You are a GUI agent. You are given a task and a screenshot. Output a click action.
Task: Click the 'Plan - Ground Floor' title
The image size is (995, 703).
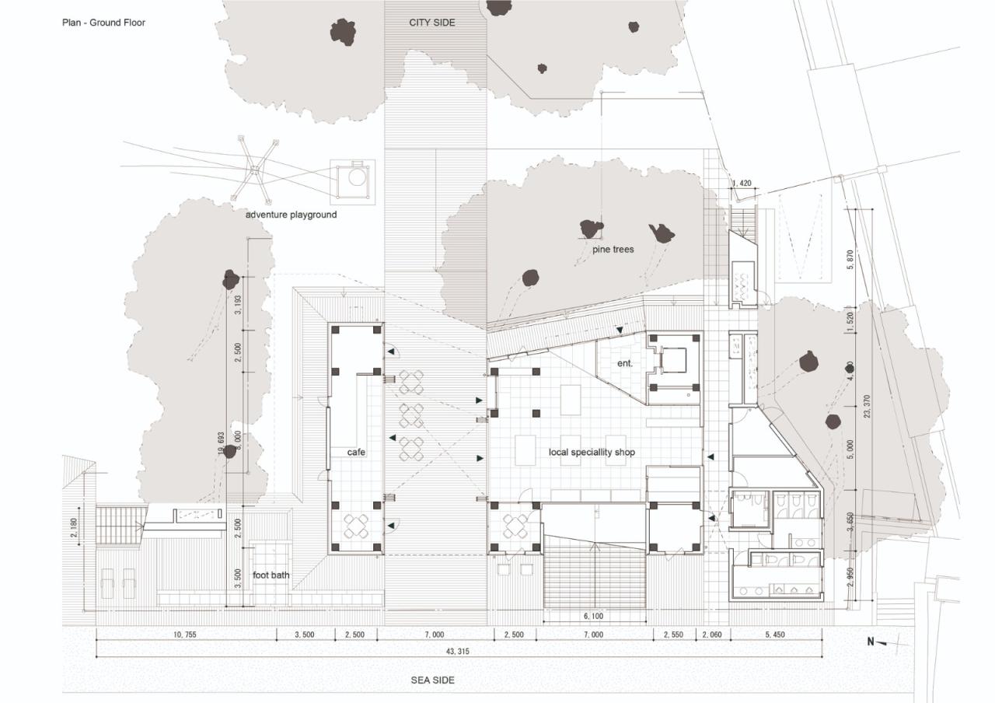click(x=103, y=23)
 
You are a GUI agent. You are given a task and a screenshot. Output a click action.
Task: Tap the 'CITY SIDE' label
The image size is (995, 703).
click(x=432, y=23)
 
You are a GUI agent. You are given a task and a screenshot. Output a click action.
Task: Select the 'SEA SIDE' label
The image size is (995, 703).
click(x=433, y=680)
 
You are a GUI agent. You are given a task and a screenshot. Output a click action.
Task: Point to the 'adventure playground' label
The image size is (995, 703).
click(x=292, y=214)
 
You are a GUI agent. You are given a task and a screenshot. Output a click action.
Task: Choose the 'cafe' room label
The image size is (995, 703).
click(x=356, y=452)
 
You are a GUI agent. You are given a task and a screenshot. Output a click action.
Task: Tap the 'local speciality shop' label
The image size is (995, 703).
click(x=592, y=452)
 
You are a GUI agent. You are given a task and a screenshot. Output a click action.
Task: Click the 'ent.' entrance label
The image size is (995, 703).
click(x=625, y=363)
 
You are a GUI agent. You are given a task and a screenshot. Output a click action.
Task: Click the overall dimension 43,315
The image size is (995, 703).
click(x=457, y=651)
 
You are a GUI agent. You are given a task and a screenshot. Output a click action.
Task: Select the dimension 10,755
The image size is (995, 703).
click(x=185, y=635)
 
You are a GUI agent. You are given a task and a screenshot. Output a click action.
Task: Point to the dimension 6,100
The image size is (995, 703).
click(x=592, y=617)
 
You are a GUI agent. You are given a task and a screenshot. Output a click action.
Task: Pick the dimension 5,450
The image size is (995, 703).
click(x=775, y=635)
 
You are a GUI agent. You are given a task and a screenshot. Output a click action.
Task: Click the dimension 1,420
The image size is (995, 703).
click(x=742, y=184)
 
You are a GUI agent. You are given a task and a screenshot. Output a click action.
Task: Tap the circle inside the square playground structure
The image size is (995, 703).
click(x=357, y=177)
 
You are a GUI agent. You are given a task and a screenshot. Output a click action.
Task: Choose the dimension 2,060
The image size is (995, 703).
click(x=712, y=635)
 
